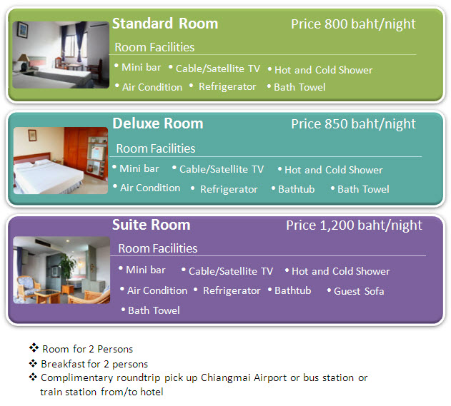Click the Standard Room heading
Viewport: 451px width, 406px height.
pyautogui.click(x=165, y=24)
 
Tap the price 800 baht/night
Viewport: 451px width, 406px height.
pyautogui.click(x=353, y=24)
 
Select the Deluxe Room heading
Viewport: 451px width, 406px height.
pyautogui.click(x=158, y=123)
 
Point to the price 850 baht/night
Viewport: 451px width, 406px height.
pyautogui.click(x=353, y=124)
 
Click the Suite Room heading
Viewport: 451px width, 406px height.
pyautogui.click(x=152, y=225)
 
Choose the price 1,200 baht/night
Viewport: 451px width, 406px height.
pyautogui.click(x=354, y=225)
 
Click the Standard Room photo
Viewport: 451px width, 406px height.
pyautogui.click(x=61, y=54)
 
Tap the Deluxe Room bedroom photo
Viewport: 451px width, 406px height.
pyautogui.click(x=61, y=161)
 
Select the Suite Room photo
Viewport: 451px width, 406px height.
pyautogui.click(x=61, y=270)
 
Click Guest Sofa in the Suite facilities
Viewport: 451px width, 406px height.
pyautogui.click(x=359, y=291)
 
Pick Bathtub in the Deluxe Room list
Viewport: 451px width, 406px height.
pyautogui.click(x=296, y=189)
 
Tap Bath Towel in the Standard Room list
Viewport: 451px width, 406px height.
pyautogui.click(x=299, y=87)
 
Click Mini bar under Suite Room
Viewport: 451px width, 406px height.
pyautogui.click(x=146, y=270)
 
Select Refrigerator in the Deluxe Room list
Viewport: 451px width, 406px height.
pyautogui.click(x=229, y=190)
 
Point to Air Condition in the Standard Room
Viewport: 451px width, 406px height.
pyautogui.click(x=152, y=87)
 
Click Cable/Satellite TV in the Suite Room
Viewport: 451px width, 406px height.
pyautogui.click(x=231, y=271)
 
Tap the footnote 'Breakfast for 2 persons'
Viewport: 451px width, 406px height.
pyautogui.click(x=94, y=364)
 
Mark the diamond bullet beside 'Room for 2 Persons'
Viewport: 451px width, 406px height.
pyautogui.click(x=34, y=347)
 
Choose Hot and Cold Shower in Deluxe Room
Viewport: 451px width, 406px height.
pyautogui.click(x=334, y=170)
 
